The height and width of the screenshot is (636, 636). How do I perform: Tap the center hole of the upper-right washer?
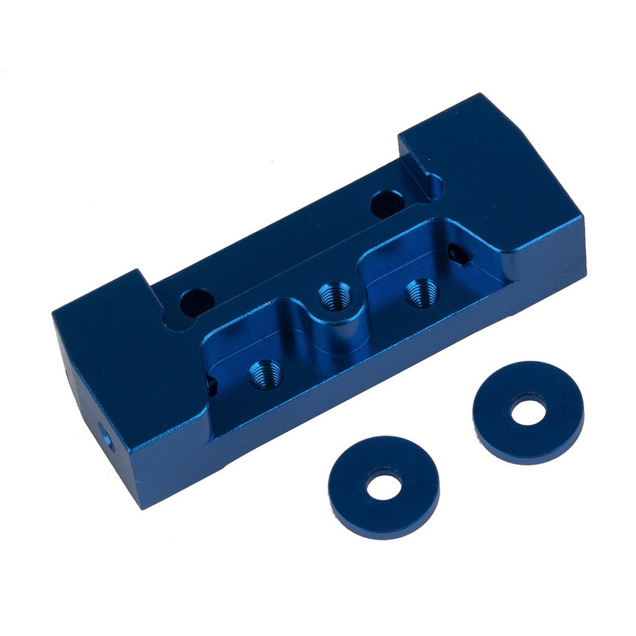click(528, 411)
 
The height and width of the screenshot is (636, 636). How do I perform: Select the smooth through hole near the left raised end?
click(194, 301)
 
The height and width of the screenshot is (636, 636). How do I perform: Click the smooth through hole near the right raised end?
click(386, 202)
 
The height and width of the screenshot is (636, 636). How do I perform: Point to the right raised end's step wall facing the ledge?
click(413, 162)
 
